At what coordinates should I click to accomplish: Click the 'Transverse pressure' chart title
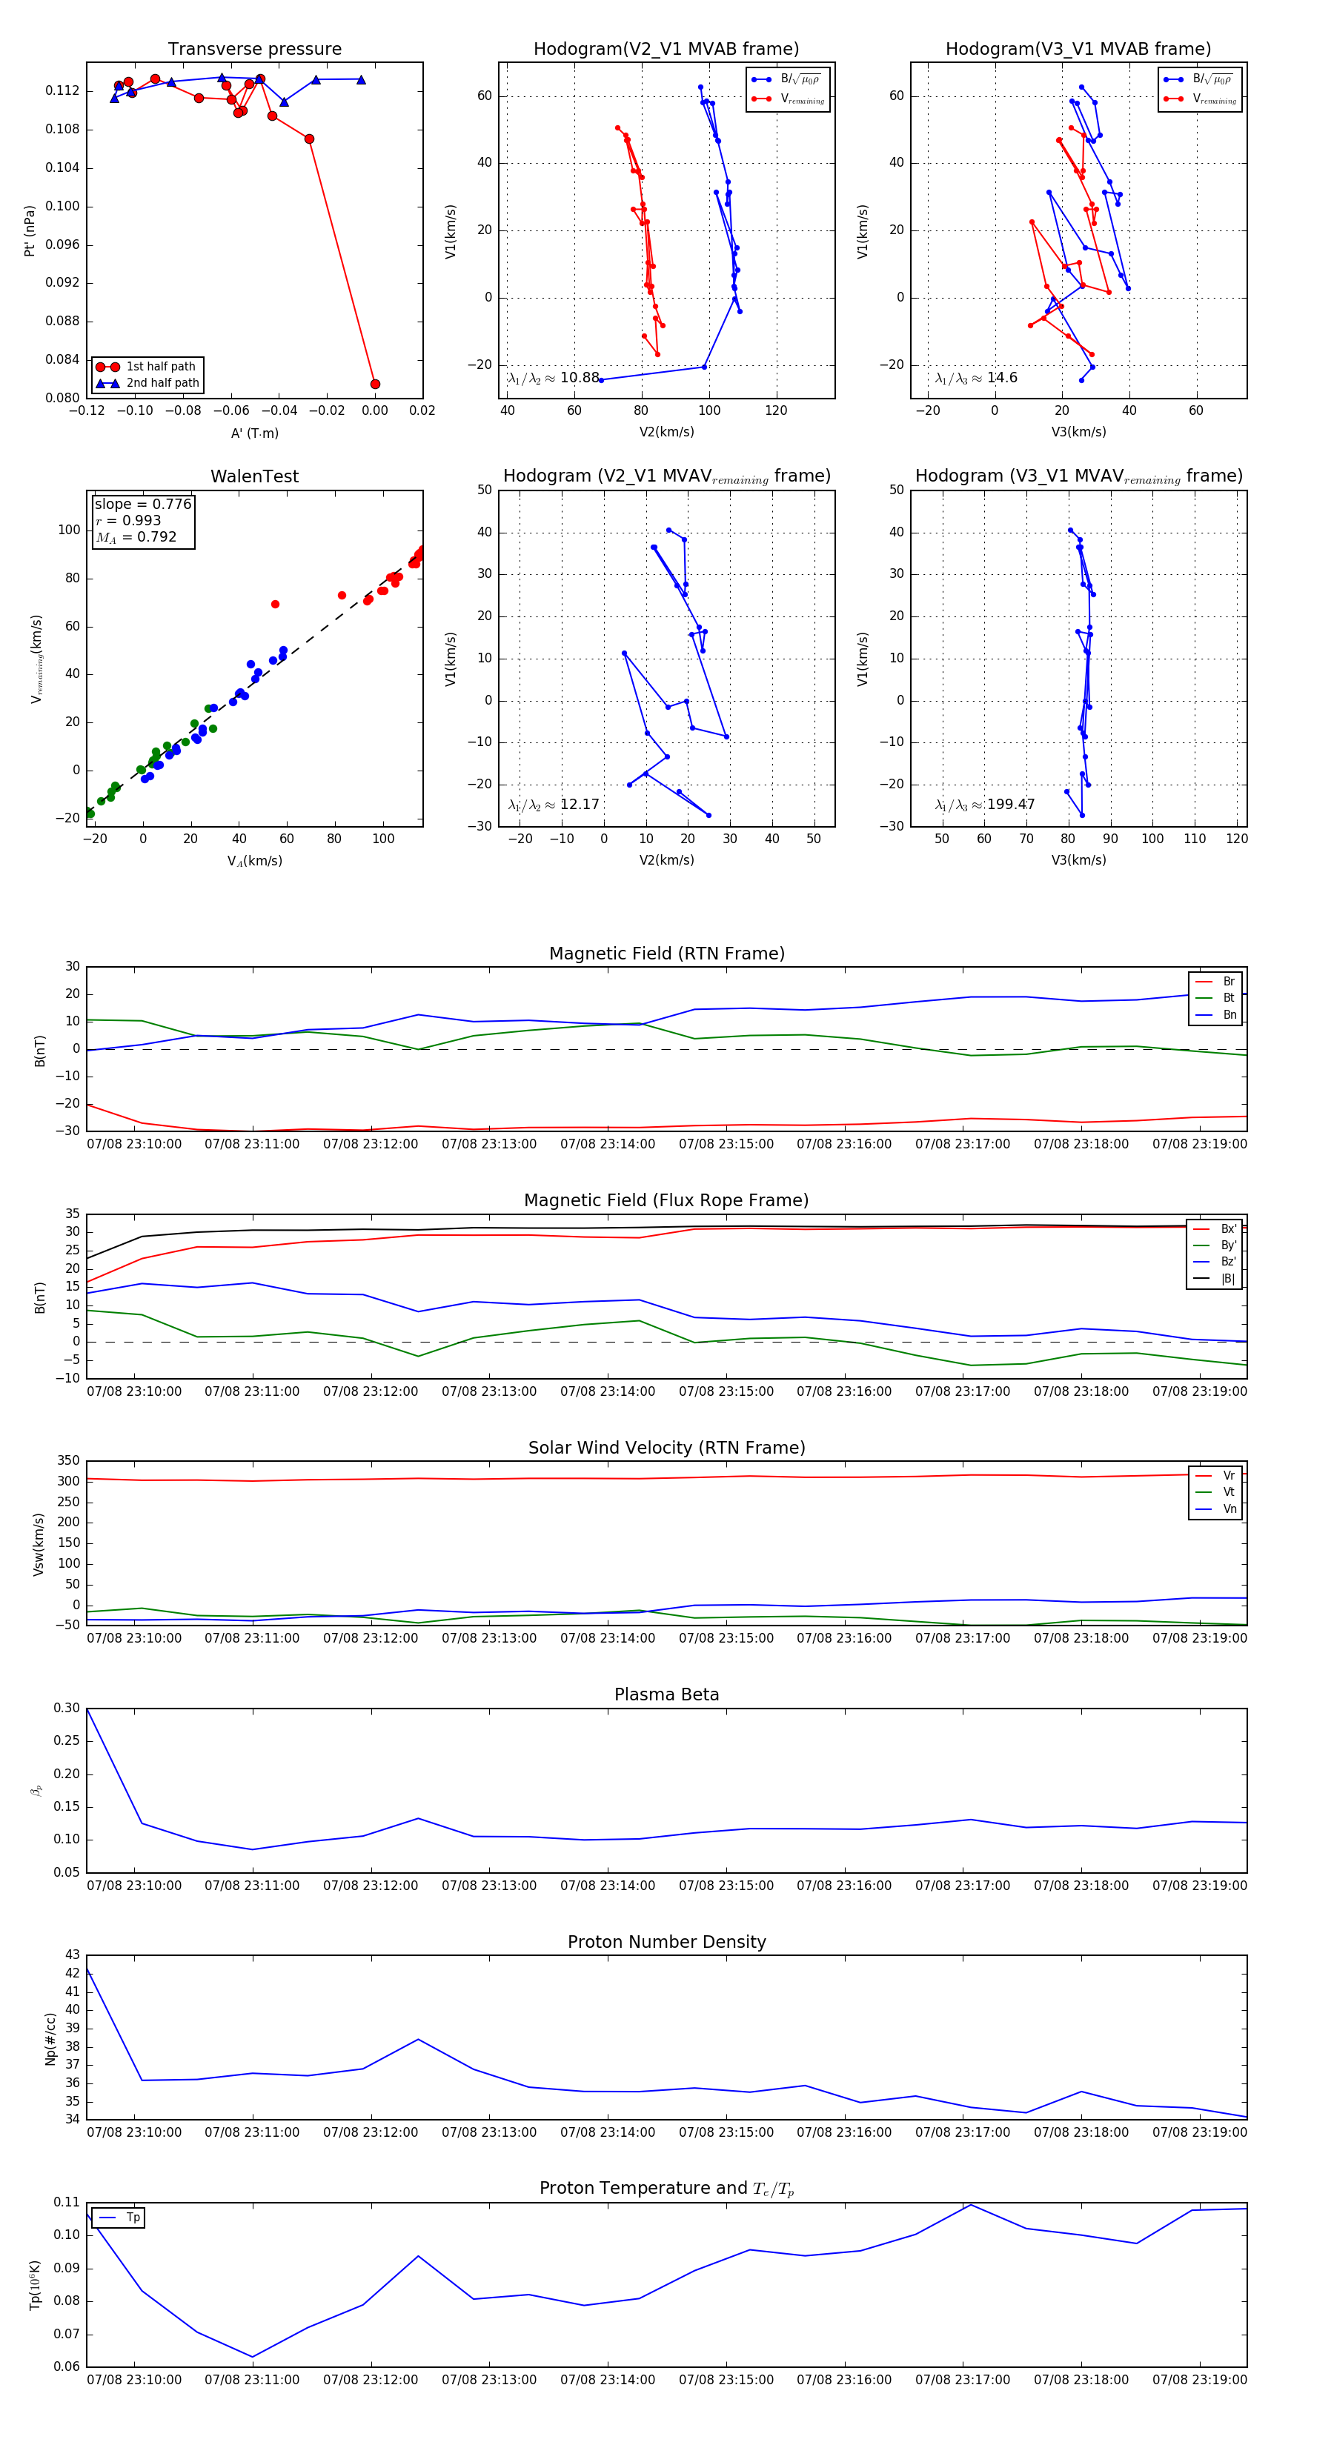pos(254,50)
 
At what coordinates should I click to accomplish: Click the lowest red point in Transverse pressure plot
pos(375,385)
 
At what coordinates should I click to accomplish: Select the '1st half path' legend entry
pos(161,366)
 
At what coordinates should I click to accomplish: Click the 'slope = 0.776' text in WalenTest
pos(142,504)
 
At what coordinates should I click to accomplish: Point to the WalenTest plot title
pos(254,476)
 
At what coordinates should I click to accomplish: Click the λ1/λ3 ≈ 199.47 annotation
pos(985,805)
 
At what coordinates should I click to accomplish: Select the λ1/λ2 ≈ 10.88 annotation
pos(554,378)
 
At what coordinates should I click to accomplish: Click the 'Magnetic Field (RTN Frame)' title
pos(666,954)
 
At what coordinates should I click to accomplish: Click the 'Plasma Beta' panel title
pos(666,1694)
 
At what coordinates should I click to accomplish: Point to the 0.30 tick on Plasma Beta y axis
pos(67,1708)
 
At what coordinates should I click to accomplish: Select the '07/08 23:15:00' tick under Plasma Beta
pos(726,1885)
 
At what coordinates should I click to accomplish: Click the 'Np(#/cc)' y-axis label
pos(51,2039)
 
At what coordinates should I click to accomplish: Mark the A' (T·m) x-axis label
pos(254,433)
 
